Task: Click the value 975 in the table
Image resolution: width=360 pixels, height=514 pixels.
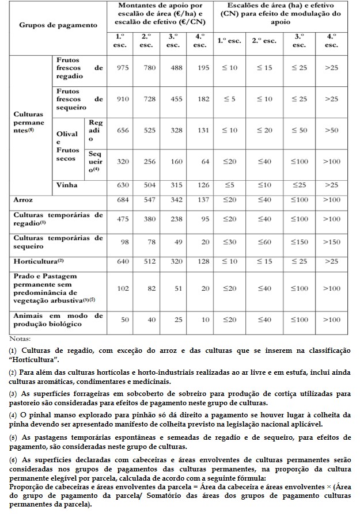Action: click(x=123, y=68)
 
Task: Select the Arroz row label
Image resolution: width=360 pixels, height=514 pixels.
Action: click(x=24, y=199)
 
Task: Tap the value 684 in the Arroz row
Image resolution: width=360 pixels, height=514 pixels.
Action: click(x=123, y=199)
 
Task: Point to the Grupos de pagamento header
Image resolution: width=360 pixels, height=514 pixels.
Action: click(x=58, y=26)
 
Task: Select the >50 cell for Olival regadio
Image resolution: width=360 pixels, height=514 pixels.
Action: click(x=331, y=131)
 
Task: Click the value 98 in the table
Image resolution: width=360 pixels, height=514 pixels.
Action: click(x=123, y=242)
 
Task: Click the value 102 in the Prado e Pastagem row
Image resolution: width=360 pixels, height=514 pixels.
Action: click(x=123, y=288)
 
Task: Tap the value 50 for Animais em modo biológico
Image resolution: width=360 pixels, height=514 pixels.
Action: click(x=123, y=319)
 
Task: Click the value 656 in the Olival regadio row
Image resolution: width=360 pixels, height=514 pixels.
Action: click(x=123, y=131)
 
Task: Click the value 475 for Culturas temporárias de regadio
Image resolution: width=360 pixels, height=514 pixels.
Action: click(x=123, y=219)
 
